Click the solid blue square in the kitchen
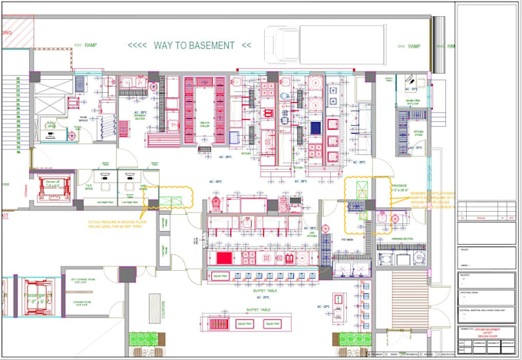(315, 127)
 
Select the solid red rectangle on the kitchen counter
(223, 258)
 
